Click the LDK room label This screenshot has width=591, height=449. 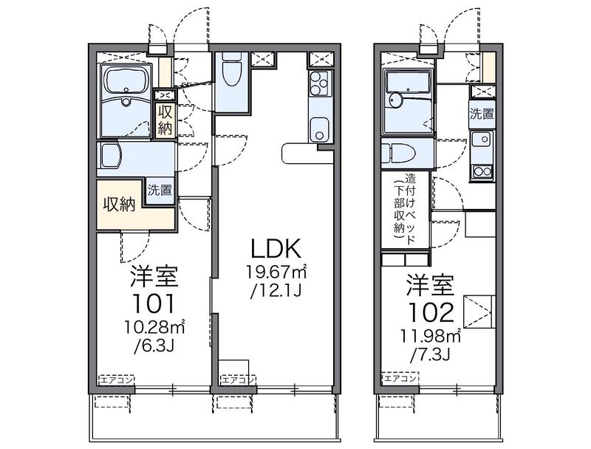276,248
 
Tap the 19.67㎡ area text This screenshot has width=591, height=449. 276,272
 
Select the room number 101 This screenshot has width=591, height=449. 154,304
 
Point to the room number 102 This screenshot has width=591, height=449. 431,312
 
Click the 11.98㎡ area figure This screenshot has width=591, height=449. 431,336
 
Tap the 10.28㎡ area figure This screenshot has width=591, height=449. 154,327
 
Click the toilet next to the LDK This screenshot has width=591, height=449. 231,69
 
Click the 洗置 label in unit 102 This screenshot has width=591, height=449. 482,114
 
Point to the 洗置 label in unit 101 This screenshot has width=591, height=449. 160,191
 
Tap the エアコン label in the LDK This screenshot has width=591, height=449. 238,380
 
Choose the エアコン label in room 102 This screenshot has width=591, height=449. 400,378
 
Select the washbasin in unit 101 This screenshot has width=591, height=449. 109,155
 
